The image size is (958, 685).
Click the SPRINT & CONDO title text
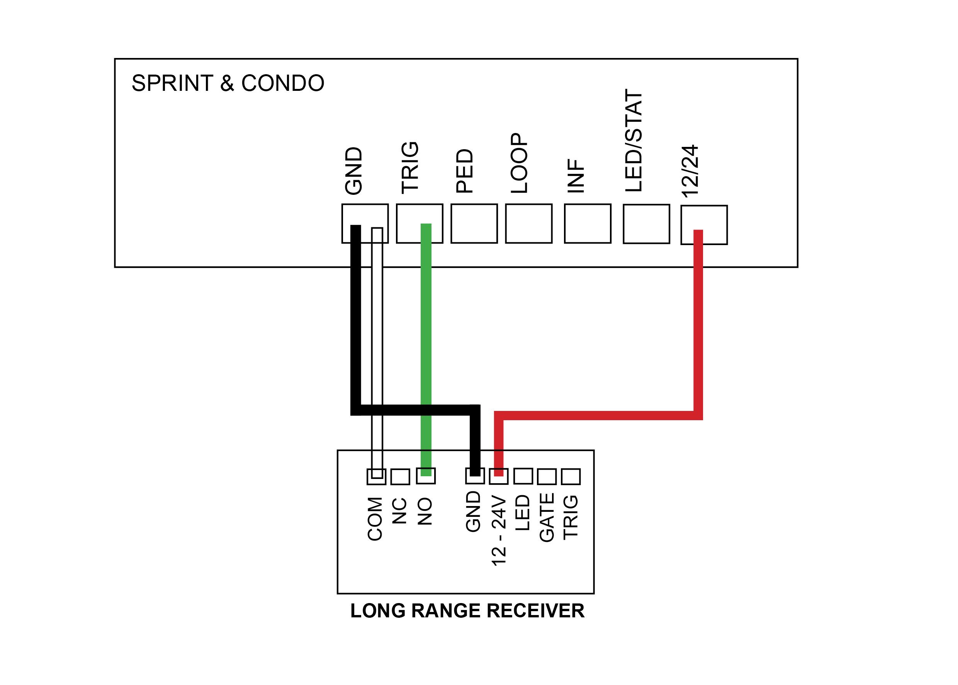tap(228, 83)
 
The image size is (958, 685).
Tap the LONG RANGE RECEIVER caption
tap(467, 611)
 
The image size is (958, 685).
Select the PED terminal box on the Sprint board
tap(474, 223)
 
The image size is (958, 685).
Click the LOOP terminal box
tap(528, 223)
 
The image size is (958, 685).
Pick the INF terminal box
tap(588, 223)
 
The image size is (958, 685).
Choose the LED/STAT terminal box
tap(646, 224)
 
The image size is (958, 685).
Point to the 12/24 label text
tap(690, 171)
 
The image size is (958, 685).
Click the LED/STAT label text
tap(634, 140)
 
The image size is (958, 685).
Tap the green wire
tap(426, 350)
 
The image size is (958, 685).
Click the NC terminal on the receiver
tap(400, 477)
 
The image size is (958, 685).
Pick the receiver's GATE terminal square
tap(547, 477)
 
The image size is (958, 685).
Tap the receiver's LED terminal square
tap(523, 476)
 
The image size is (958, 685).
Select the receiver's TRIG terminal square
tap(571, 477)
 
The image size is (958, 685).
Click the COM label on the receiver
tap(375, 518)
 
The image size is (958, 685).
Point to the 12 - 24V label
tap(499, 531)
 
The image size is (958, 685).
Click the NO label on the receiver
tap(425, 511)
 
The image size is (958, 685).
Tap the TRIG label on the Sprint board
tap(410, 168)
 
